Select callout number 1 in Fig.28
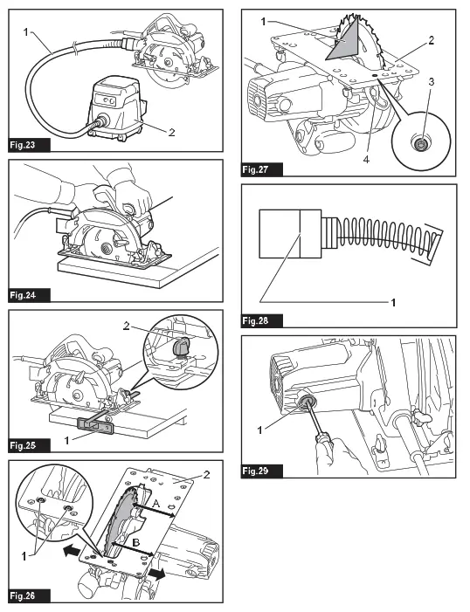pyautogui.click(x=392, y=302)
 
